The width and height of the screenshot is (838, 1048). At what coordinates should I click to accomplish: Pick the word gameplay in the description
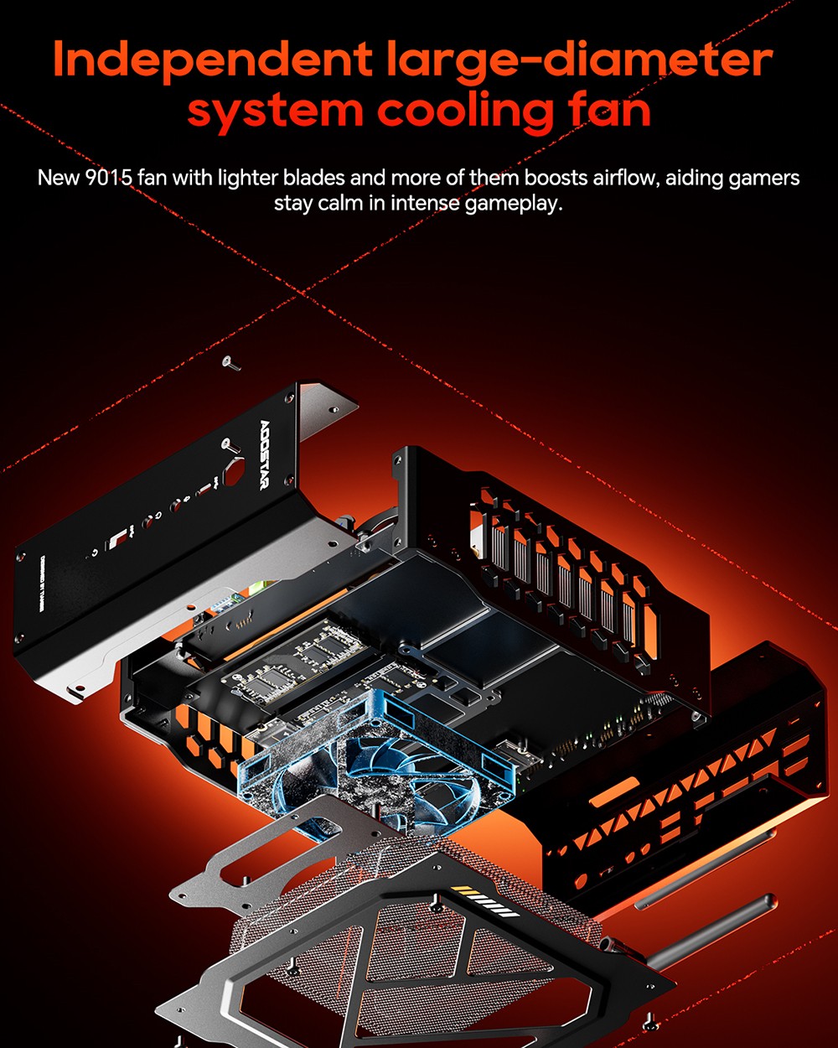(513, 203)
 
